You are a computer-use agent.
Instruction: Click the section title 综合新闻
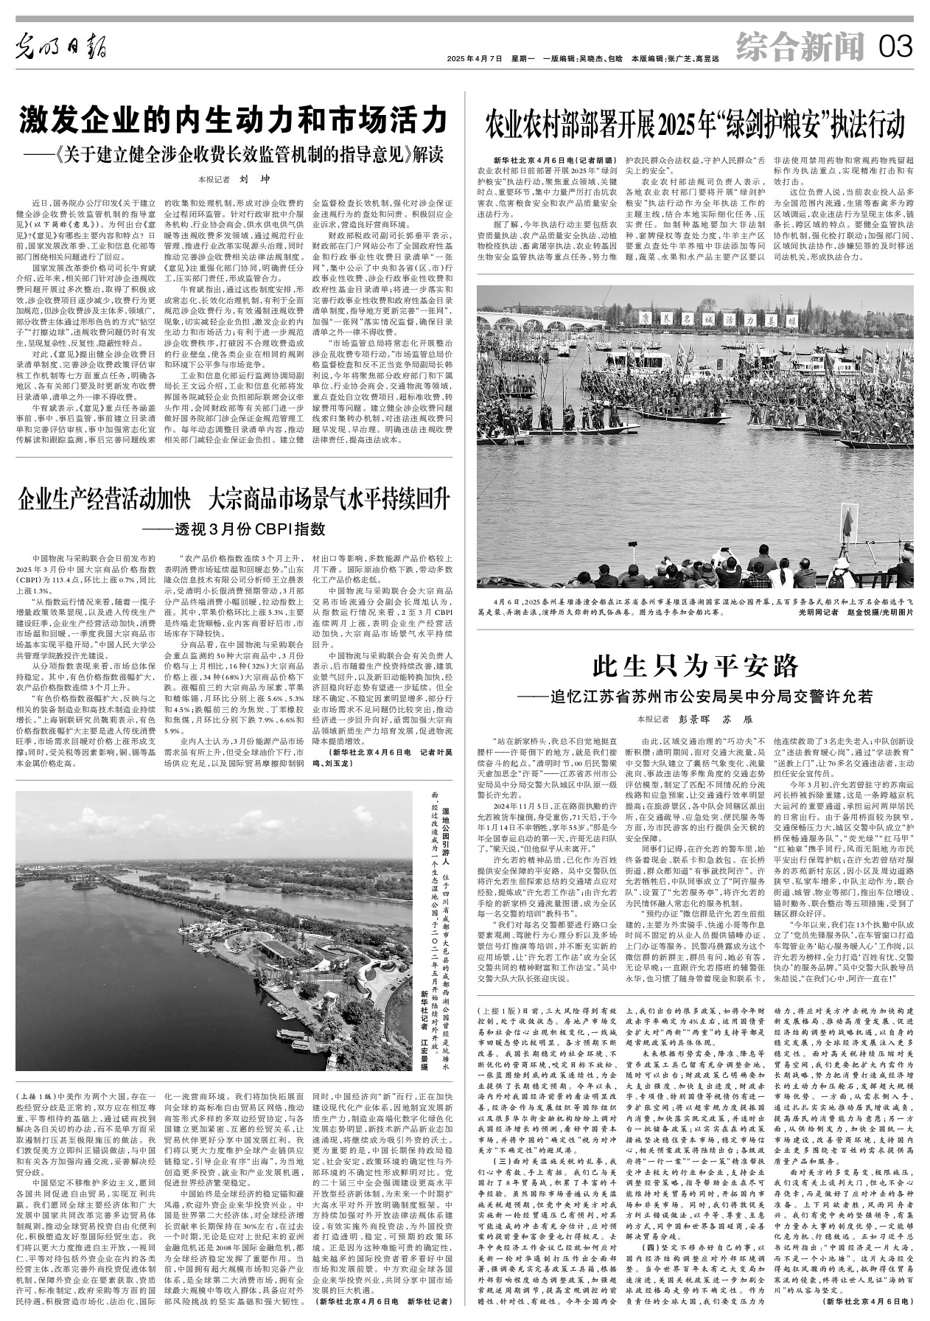[800, 48]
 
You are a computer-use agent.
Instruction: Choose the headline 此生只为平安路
[696, 666]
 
